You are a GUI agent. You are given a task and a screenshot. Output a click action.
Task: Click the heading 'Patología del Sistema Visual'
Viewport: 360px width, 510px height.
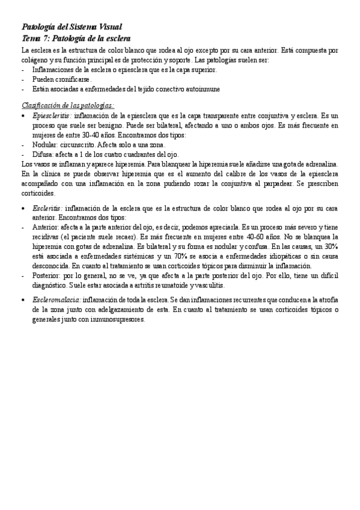click(x=72, y=27)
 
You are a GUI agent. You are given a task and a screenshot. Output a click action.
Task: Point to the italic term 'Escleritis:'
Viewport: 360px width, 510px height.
click(x=47, y=207)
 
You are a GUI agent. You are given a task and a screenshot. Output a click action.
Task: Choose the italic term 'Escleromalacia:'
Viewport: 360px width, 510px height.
click(x=58, y=299)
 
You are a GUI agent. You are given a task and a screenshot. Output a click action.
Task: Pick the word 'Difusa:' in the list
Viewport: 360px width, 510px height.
click(x=43, y=154)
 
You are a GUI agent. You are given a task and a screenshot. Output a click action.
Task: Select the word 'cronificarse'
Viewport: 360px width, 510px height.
click(x=71, y=79)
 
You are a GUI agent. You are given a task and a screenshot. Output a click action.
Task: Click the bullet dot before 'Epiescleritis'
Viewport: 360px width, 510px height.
click(x=23, y=114)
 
